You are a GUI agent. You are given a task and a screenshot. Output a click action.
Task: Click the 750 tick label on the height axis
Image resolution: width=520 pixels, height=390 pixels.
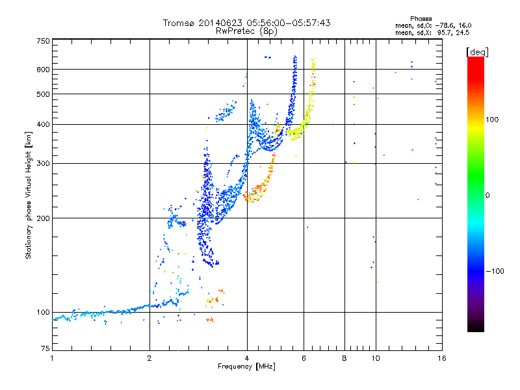[43, 41]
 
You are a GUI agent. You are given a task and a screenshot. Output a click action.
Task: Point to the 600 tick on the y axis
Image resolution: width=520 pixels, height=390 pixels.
[43, 70]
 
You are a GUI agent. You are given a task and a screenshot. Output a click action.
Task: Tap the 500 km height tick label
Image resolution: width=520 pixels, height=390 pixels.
[43, 94]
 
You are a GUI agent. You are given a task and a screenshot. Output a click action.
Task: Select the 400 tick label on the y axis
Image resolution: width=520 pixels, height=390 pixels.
[43, 125]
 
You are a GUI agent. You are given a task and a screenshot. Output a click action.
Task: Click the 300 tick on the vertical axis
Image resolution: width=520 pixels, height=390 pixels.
[43, 164]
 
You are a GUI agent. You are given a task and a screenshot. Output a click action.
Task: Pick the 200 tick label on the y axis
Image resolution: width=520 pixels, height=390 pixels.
[43, 218]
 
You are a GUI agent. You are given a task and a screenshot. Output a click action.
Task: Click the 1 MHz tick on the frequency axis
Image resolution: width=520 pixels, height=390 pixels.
[52, 358]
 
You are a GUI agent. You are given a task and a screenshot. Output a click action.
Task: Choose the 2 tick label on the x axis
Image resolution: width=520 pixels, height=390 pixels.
[149, 358]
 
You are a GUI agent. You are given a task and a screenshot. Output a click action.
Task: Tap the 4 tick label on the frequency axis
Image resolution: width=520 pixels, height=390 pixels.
[247, 358]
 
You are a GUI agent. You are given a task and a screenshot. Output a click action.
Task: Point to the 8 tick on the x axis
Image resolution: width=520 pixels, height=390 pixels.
[344, 358]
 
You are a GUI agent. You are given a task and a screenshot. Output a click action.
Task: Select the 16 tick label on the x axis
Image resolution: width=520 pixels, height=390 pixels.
[441, 358]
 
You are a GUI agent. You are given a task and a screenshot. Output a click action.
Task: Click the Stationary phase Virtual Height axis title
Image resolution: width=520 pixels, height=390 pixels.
[29, 195]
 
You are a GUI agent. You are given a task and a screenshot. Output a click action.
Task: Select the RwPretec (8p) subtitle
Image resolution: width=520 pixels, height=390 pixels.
[246, 31]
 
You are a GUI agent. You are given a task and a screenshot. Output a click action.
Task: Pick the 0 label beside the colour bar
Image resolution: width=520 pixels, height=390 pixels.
[488, 195]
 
